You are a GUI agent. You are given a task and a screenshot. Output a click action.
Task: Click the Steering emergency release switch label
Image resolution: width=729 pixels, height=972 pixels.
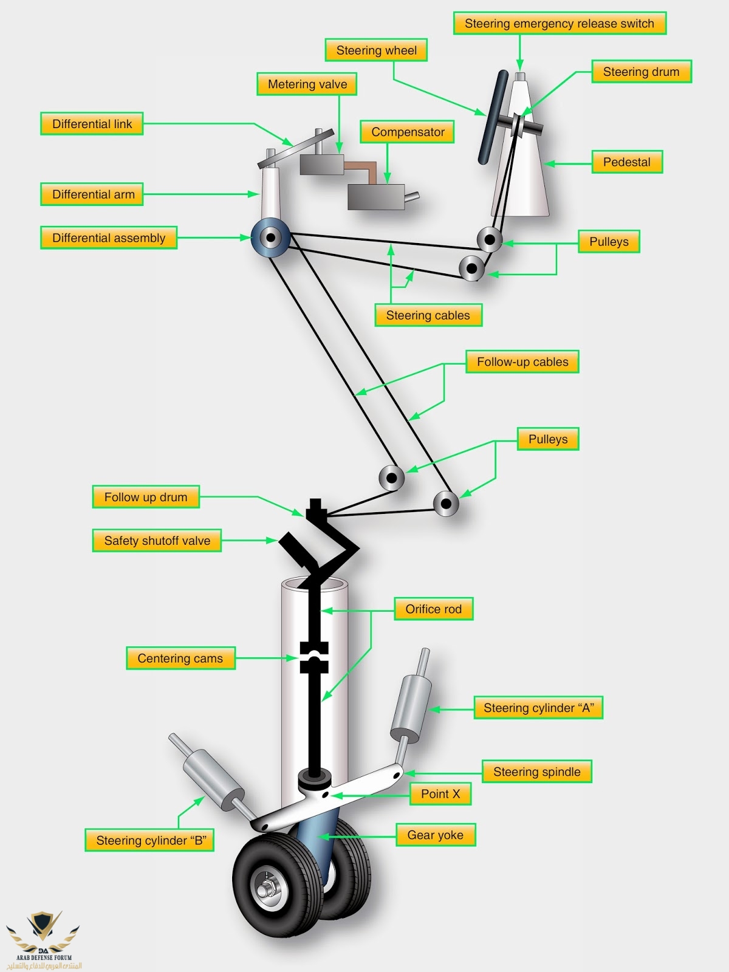(560, 24)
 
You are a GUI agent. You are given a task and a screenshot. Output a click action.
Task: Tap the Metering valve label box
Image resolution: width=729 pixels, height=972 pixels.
(307, 84)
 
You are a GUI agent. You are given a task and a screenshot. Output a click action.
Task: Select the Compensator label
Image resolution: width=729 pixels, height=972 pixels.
(408, 132)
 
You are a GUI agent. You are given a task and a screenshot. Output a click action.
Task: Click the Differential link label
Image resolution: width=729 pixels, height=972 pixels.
(92, 124)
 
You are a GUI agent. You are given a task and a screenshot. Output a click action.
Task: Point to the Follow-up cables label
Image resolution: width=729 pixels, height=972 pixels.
(522, 362)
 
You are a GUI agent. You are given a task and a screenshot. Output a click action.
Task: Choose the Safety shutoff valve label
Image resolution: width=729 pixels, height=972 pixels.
(157, 541)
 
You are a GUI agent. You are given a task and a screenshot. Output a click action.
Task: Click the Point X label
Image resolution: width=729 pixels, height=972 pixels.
(440, 794)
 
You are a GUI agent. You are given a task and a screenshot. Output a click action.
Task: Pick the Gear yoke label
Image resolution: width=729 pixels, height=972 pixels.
(435, 835)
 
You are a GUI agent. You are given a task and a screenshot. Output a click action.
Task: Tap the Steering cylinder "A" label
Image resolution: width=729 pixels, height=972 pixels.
(538, 708)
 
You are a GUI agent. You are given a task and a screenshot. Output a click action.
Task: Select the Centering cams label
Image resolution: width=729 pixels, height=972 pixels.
(180, 659)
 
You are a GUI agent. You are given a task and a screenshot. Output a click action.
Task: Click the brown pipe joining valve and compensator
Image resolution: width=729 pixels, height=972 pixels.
(364, 169)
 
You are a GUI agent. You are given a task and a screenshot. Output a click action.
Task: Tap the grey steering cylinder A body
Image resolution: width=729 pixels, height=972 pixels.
(411, 707)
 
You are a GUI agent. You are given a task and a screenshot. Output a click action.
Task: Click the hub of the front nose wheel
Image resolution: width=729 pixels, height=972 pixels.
(265, 891)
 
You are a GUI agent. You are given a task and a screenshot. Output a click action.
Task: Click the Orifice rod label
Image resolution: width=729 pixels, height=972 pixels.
(434, 609)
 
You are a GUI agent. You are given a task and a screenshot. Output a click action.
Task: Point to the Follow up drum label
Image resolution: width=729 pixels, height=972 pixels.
(146, 497)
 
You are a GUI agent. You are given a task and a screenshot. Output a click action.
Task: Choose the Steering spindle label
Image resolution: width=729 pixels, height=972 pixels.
(537, 772)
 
